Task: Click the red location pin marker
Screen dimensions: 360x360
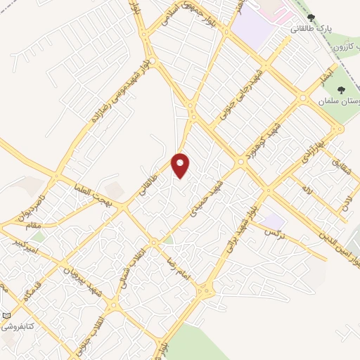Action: point(181,165)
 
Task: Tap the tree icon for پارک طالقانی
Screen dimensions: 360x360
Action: point(311,18)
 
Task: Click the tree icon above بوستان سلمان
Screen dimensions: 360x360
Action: point(341,90)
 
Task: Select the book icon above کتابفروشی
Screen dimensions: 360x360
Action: point(6,316)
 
